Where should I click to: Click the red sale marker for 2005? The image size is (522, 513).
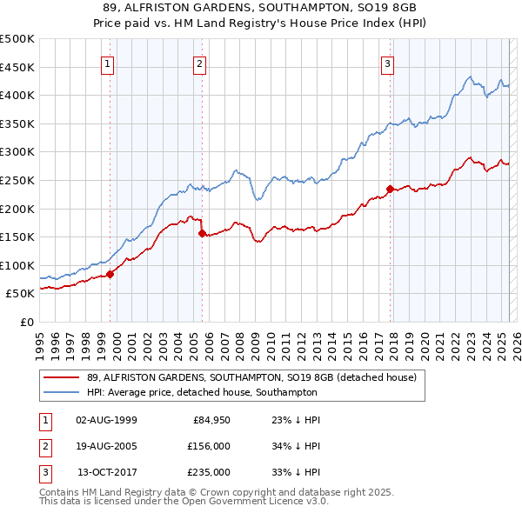(x=202, y=233)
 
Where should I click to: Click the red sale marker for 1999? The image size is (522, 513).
(x=110, y=274)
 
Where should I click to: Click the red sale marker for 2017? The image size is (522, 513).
(x=390, y=188)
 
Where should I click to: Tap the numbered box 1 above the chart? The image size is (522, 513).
(x=107, y=63)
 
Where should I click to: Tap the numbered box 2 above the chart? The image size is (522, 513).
(x=199, y=63)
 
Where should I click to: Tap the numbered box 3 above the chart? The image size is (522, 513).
(x=387, y=63)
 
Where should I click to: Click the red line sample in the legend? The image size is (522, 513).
(x=61, y=377)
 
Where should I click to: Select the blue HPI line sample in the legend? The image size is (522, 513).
(x=61, y=392)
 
